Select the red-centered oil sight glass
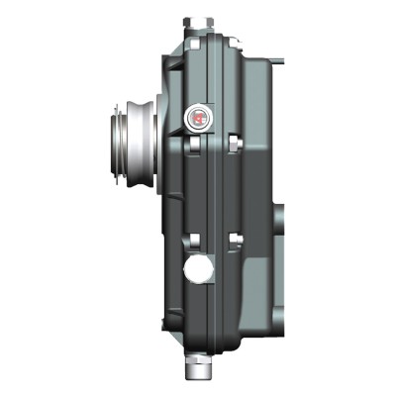[x=199, y=118]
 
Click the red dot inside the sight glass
[x=199, y=119]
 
